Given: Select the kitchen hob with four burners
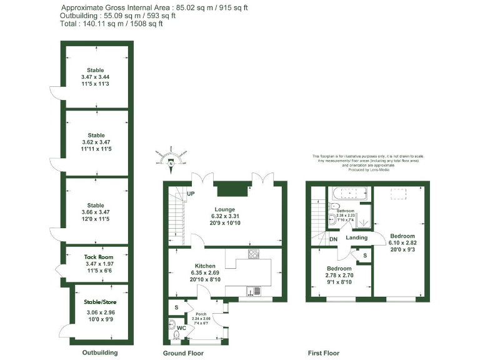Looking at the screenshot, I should click(x=254, y=254).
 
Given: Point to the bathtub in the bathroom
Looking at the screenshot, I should click(x=346, y=193).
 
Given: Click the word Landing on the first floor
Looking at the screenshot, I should click(x=356, y=237).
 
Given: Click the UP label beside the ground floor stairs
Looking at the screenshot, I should click(x=191, y=194).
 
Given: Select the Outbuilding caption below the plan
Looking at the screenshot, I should click(x=100, y=352).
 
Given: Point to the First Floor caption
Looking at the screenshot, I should click(x=324, y=352).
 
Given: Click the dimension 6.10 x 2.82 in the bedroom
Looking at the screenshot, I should click(x=402, y=242).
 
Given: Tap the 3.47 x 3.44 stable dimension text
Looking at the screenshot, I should click(x=96, y=77).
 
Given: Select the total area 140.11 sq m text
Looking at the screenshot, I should click(x=112, y=24).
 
